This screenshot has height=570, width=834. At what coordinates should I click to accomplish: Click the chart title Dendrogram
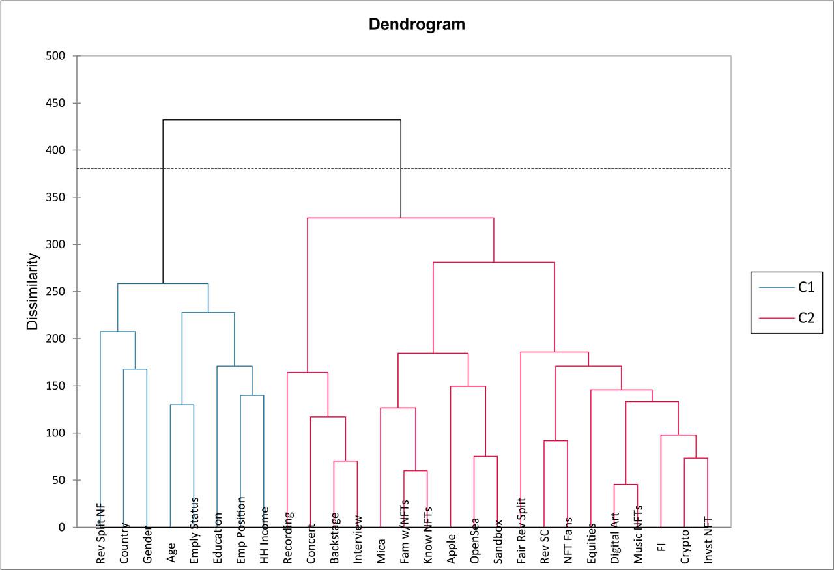click(x=417, y=25)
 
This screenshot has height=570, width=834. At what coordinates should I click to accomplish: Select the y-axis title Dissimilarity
click(x=33, y=291)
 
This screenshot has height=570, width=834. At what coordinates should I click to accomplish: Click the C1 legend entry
click(x=806, y=287)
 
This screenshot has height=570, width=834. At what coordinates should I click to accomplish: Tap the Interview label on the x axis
click(x=358, y=538)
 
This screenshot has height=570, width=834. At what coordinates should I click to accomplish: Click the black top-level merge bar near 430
click(x=281, y=120)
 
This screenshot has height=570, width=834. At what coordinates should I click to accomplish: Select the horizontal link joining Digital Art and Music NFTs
click(x=625, y=485)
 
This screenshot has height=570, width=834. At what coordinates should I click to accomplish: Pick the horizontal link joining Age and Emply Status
click(x=182, y=405)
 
